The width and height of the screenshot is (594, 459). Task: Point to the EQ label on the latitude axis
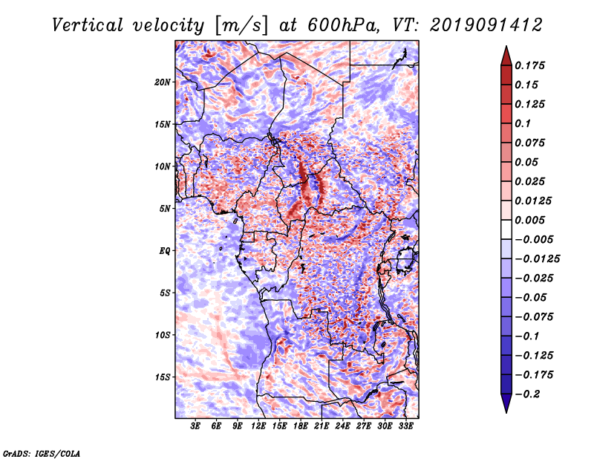pos(166,250)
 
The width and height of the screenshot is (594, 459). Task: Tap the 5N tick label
pos(166,209)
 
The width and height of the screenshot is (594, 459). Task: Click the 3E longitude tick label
pos(196,426)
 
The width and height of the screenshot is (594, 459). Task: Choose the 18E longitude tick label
pos(301,426)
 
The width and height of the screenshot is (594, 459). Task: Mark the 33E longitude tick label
pos(406,426)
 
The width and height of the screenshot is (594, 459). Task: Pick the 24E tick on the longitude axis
pos(343,426)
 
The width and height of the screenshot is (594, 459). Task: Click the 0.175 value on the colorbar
pos(532,65)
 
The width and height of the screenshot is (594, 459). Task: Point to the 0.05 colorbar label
pos(529,162)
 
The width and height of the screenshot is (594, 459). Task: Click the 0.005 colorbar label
pos(532,220)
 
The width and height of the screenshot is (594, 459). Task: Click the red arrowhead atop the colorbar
pos(506,53)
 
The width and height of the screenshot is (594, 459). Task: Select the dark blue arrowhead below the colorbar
pos(506,404)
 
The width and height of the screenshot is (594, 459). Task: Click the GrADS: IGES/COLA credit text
pos(41,452)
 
